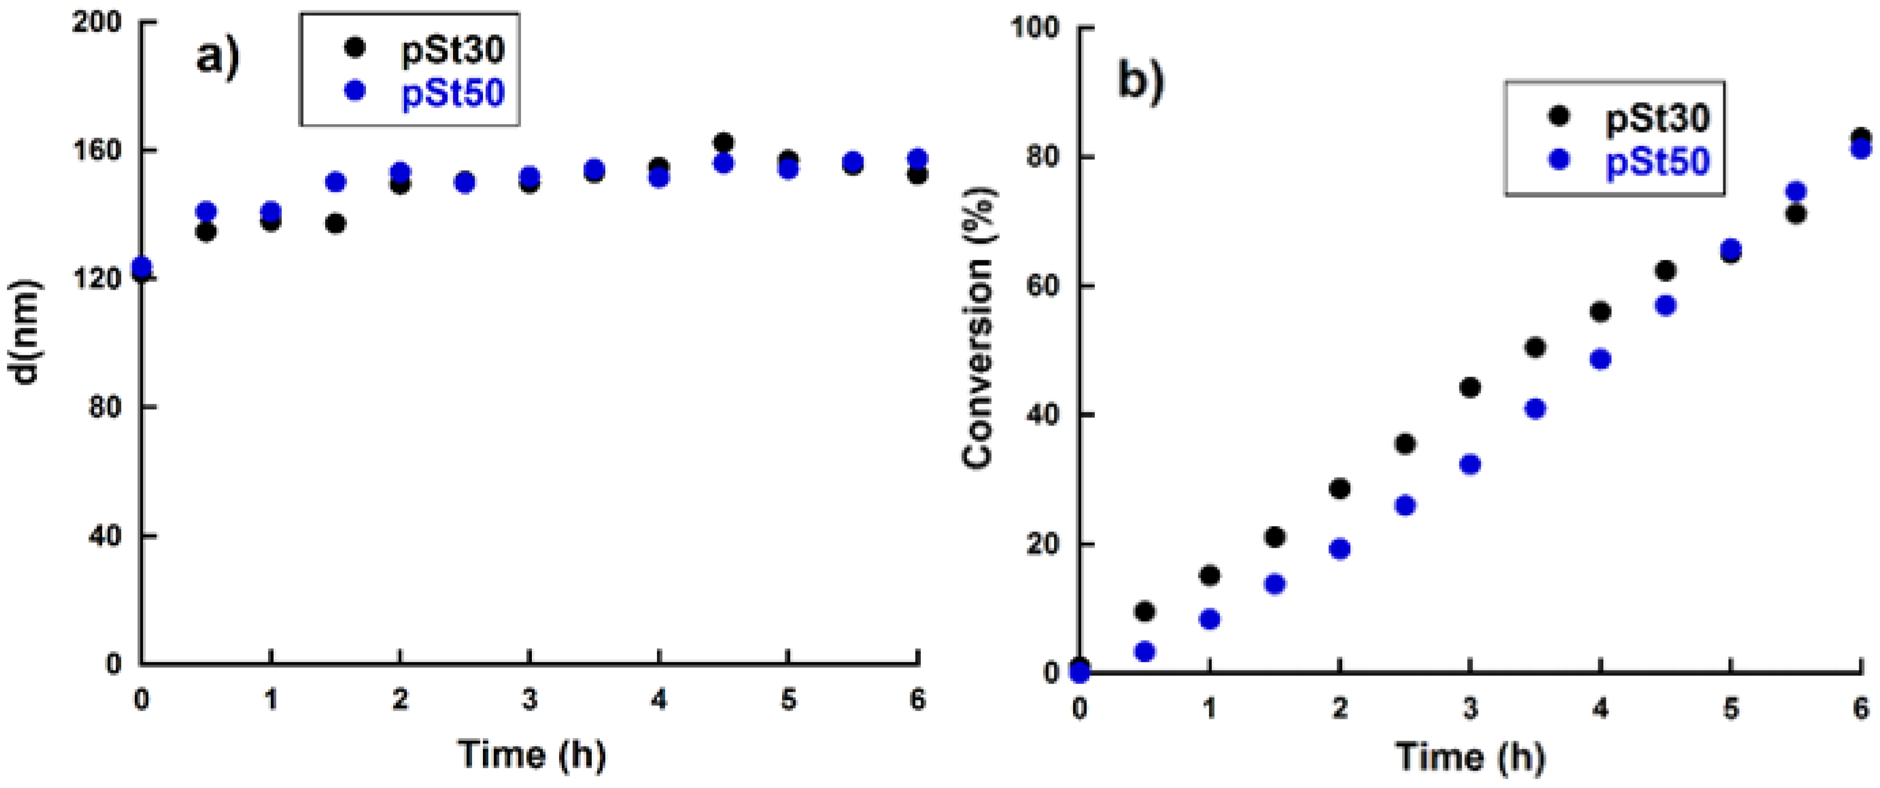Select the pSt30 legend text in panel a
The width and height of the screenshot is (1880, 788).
pyautogui.click(x=452, y=49)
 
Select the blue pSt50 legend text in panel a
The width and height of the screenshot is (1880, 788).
pyautogui.click(x=452, y=93)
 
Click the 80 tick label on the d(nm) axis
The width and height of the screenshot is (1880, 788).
pyautogui.click(x=104, y=406)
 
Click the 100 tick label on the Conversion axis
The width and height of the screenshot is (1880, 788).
pyautogui.click(x=1034, y=28)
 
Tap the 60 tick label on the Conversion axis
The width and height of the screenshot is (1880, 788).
pyautogui.click(x=1042, y=286)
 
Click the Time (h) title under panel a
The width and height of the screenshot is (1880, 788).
pyautogui.click(x=531, y=754)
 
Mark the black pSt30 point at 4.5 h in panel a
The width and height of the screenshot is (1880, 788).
pyautogui.click(x=723, y=142)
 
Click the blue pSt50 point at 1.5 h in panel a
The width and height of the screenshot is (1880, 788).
pyautogui.click(x=336, y=182)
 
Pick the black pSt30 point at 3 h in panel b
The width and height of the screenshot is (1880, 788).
pyautogui.click(x=1470, y=387)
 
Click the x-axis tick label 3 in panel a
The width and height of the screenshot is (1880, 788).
pyautogui.click(x=530, y=701)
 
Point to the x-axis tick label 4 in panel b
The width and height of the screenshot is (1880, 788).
pyautogui.click(x=1600, y=708)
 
